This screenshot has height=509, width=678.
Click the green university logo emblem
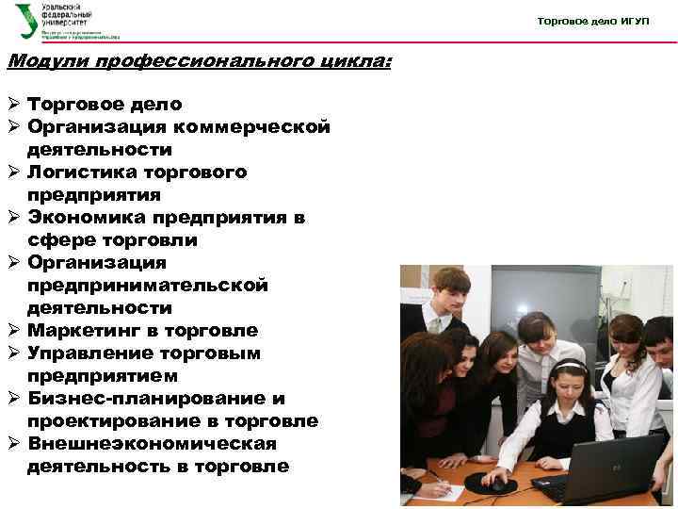(27, 22)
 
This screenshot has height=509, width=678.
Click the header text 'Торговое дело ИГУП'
(592, 21)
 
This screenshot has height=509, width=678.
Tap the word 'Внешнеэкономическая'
(152, 444)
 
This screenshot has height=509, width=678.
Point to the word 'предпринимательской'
(148, 286)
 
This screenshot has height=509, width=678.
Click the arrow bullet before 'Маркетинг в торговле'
(13, 331)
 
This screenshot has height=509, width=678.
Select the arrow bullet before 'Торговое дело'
(13, 105)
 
